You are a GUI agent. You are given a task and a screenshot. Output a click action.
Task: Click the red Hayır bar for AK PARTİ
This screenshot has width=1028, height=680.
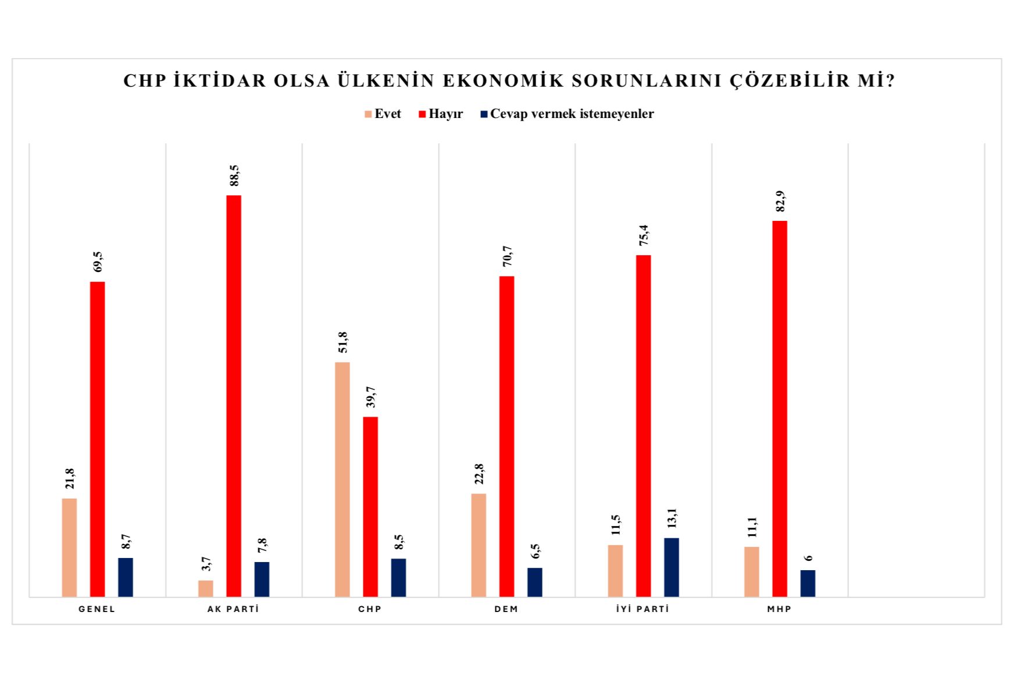(234, 395)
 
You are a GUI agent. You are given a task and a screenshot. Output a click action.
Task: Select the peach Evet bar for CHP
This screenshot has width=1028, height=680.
(342, 479)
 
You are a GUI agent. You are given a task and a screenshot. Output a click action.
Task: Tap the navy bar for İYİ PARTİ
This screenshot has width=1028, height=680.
(672, 567)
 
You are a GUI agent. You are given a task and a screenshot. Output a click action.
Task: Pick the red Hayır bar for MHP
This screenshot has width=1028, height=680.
(780, 408)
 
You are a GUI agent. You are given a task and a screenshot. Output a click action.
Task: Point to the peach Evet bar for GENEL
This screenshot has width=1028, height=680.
(69, 547)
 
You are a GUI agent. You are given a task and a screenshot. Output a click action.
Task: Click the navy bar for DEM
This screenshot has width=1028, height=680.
(535, 582)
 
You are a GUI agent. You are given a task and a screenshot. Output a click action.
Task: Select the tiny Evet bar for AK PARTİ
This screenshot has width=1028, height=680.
(206, 588)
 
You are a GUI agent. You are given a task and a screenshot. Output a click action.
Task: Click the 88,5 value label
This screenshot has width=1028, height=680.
(234, 176)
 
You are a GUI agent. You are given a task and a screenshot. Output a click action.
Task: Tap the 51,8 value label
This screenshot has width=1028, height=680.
(343, 342)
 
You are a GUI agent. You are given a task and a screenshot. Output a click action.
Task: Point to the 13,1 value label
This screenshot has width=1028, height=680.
(672, 518)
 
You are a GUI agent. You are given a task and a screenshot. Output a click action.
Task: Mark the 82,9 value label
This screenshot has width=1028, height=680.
(780, 201)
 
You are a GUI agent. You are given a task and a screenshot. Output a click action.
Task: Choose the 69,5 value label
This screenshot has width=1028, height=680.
(98, 262)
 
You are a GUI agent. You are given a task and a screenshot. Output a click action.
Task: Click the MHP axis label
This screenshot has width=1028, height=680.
(780, 609)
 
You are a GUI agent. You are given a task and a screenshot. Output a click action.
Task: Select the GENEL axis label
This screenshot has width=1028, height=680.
(97, 609)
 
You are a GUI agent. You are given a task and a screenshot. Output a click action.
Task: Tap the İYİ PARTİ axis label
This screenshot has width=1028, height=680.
(643, 609)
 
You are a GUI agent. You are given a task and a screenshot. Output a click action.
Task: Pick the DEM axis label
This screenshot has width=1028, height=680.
(506, 609)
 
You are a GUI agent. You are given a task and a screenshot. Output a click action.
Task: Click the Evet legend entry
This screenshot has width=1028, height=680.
(383, 114)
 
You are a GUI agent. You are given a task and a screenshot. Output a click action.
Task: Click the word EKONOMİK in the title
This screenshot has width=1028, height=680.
(504, 81)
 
